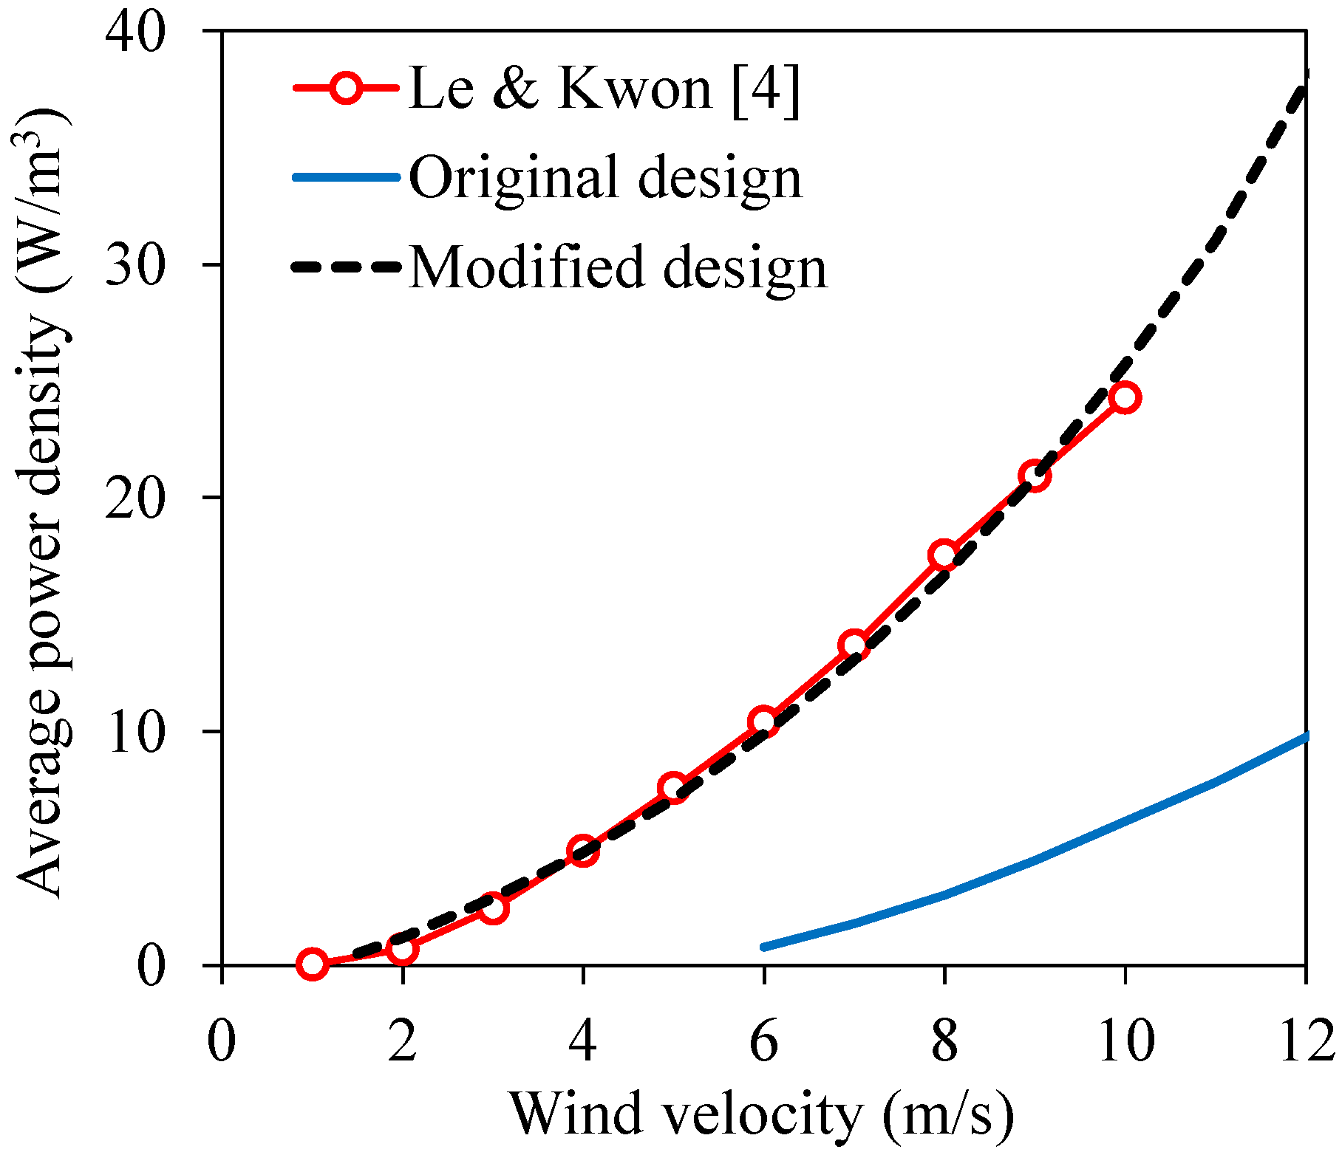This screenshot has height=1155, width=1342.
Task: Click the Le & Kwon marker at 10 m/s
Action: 1125,398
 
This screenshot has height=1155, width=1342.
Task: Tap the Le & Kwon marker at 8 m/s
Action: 944,555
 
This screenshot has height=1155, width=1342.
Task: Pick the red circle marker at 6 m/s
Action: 763,722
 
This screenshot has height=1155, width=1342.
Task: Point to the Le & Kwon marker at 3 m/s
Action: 493,908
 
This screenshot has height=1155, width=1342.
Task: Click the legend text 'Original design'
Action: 605,177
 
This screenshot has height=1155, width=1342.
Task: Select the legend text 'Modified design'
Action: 618,267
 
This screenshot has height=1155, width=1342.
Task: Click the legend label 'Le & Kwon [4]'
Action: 604,89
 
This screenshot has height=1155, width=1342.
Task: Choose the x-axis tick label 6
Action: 763,1042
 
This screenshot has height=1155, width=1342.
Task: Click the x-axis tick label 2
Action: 403,1042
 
